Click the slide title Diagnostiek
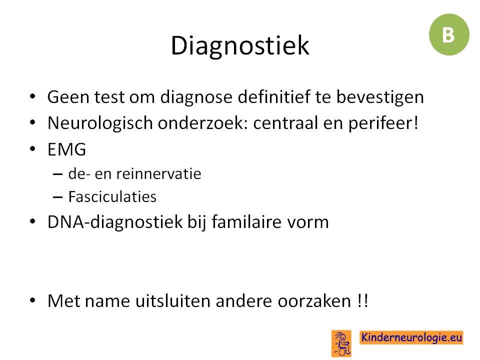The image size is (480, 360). [240, 46]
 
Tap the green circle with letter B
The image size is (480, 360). [449, 34]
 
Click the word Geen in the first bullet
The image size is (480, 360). [68, 97]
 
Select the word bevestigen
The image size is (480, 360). [380, 97]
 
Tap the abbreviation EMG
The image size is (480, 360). [66, 149]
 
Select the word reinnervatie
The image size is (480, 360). [158, 174]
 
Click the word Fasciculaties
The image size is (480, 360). [112, 196]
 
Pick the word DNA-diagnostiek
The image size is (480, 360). [115, 222]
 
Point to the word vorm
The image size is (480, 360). [307, 223]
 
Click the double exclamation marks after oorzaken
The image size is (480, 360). [362, 300]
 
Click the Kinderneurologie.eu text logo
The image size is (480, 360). [411, 337]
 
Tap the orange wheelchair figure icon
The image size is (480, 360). [341, 343]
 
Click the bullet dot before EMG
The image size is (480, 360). [33, 149]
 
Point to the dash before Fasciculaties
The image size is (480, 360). [57, 197]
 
